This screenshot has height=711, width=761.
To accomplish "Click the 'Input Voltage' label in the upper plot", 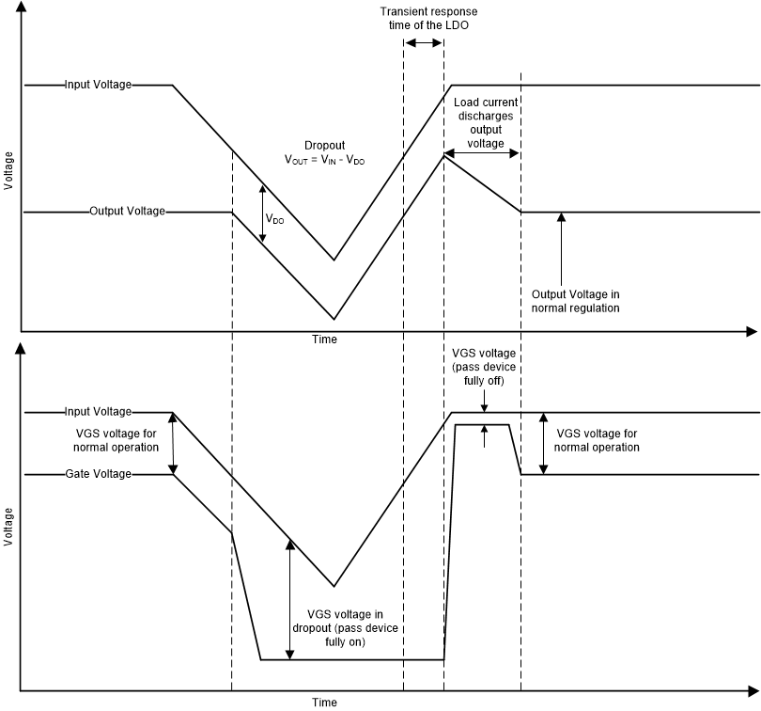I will click(98, 85).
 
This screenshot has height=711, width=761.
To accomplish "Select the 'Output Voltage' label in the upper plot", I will click(127, 212).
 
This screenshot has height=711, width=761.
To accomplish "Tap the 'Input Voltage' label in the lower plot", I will click(98, 412).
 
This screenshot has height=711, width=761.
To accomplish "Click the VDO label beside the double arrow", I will click(275, 219).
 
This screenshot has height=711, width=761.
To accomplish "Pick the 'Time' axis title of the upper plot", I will click(324, 340).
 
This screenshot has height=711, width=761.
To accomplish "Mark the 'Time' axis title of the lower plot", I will click(324, 702).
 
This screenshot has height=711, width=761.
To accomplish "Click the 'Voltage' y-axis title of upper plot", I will click(8, 170).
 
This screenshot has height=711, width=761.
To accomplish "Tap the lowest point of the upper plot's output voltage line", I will click(334, 319).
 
